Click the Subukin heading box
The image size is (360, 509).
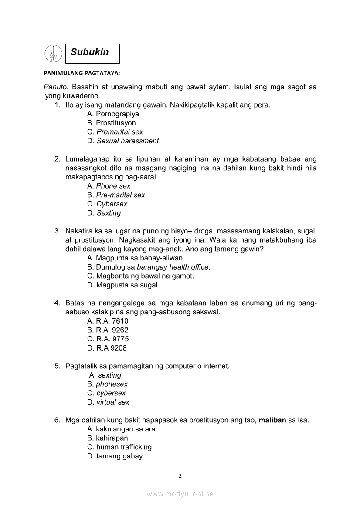pos(92,53)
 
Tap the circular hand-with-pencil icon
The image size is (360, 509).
pos(53,54)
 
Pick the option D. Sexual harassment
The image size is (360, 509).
pos(123,141)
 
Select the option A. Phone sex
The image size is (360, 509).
pos(109,186)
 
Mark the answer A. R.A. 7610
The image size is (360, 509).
pos(108,321)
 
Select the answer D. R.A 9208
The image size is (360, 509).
pos(107,348)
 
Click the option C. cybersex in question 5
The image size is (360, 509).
pos(106,393)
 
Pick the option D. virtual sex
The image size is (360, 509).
pos(108,402)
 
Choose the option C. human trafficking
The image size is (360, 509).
pos(119,447)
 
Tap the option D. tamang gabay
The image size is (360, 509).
pos(115,456)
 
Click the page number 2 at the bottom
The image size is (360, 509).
pos(180,475)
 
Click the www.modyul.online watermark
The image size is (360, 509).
pos(180,494)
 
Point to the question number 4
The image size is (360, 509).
pos(57,303)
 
